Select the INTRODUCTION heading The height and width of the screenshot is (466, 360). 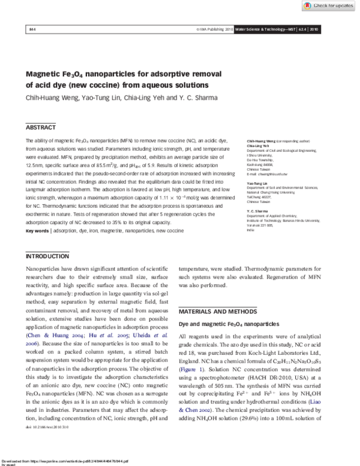[x=48, y=257]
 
